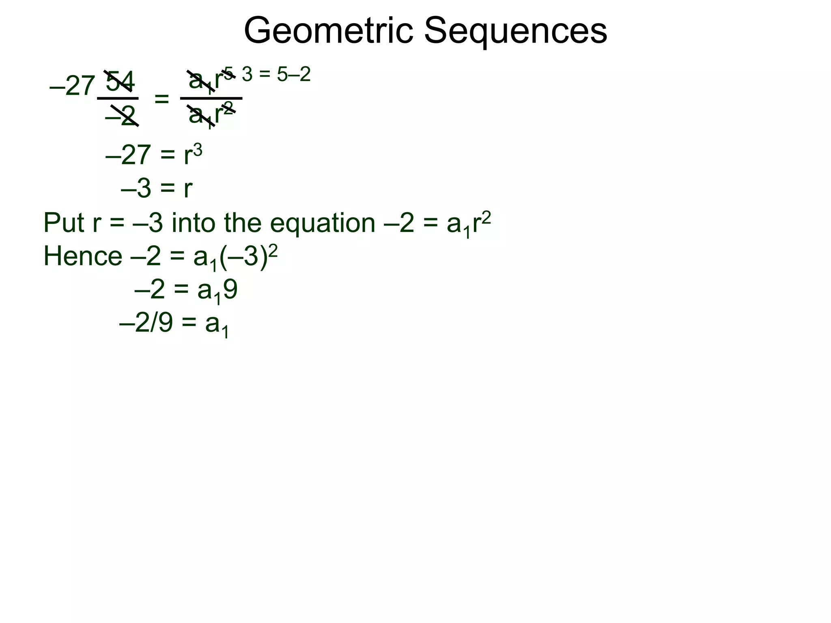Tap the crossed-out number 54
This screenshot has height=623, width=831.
[120, 81]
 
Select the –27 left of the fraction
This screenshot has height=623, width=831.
[72, 86]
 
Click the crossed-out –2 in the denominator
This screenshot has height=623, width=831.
[121, 116]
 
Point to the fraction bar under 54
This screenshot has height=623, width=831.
[118, 98]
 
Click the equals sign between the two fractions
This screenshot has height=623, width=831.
[161, 99]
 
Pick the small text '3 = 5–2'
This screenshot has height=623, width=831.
[276, 75]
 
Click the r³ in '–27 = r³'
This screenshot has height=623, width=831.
[193, 155]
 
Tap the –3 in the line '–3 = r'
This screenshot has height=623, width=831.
[136, 189]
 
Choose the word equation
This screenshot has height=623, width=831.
[323, 223]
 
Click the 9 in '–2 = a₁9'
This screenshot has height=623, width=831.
[230, 290]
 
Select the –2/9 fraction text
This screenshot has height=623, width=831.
[146, 323]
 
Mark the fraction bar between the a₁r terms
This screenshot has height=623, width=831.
[211, 98]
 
